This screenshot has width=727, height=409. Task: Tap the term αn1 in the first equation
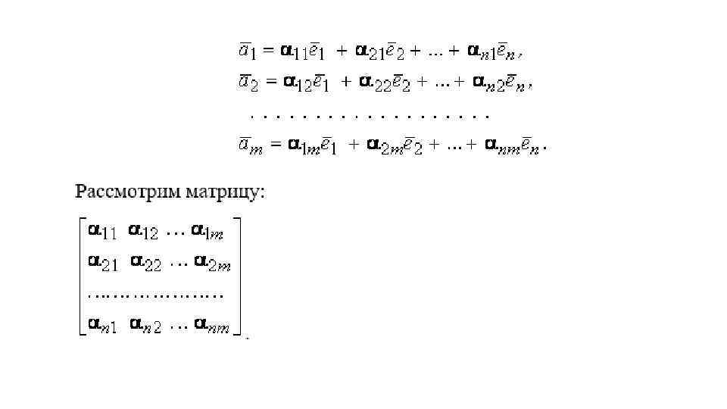pos(482,52)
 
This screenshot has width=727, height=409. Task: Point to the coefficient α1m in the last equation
pos(303,145)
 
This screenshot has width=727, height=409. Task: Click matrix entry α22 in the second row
pos(145,263)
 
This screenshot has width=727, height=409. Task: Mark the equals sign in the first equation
pos(268,52)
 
